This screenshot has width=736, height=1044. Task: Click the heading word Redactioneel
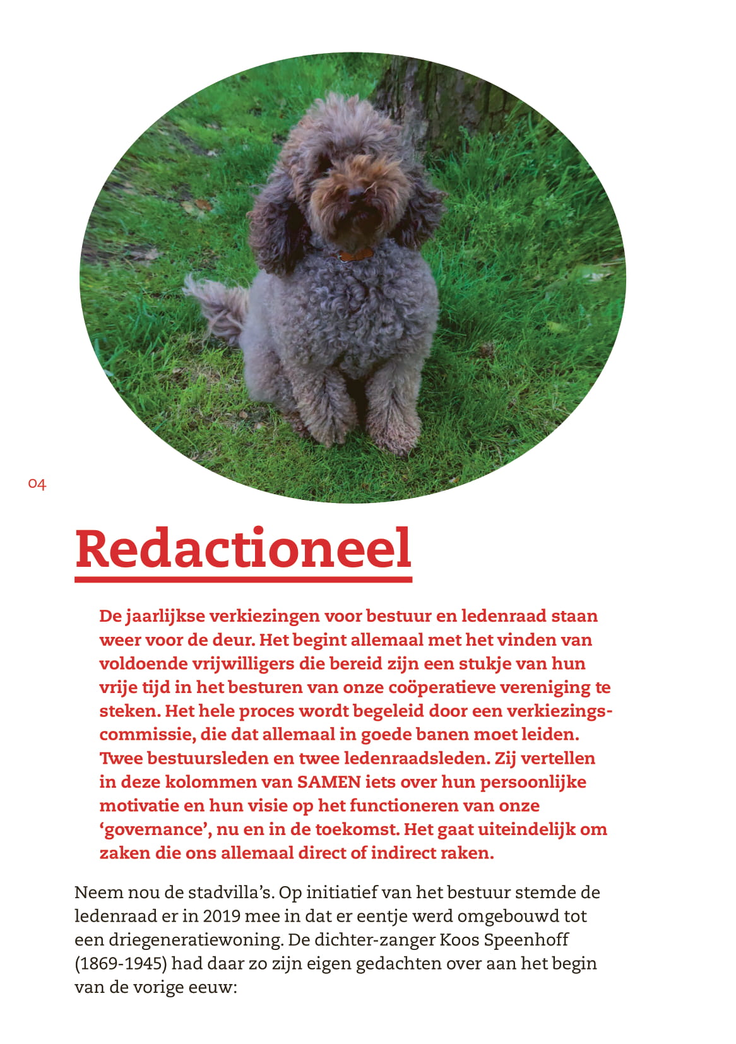(243, 549)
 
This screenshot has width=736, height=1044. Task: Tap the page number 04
(37, 484)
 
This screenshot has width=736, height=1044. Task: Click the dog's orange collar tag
(355, 254)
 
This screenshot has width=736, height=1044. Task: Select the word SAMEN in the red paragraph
(329, 782)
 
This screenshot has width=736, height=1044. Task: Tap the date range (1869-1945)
(120, 964)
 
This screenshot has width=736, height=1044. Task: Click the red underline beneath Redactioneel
(243, 579)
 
